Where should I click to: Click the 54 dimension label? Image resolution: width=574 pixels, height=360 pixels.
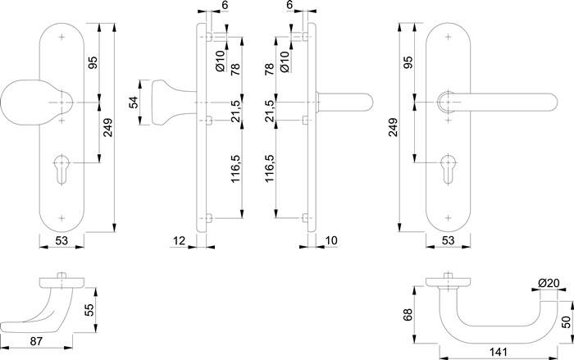coord(133,103)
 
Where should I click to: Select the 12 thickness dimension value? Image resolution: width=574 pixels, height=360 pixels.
coord(179,240)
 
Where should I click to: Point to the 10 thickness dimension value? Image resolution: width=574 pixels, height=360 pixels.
coord(331,240)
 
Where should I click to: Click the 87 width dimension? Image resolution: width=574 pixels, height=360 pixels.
coord(36,341)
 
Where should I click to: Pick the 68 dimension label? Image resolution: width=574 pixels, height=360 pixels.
coord(408,315)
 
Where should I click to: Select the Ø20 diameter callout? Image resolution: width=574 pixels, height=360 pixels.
coord(549,283)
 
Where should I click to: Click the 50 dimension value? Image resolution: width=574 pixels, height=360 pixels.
coord(566,322)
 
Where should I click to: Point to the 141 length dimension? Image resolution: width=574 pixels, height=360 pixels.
coord(499,353)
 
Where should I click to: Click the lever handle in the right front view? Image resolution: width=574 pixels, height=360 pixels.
coord(497,102)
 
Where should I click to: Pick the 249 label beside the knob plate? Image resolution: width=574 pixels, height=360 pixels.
coord(108,127)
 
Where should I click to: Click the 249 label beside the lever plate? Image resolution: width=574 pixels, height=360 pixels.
coord(393,127)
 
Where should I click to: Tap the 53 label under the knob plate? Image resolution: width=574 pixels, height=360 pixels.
coord(61,240)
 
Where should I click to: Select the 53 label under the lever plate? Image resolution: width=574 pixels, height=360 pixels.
coord(448,240)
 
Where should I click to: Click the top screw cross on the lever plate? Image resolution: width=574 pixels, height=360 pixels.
coord(448,37)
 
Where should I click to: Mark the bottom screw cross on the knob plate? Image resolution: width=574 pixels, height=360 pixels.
coord(61,218)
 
